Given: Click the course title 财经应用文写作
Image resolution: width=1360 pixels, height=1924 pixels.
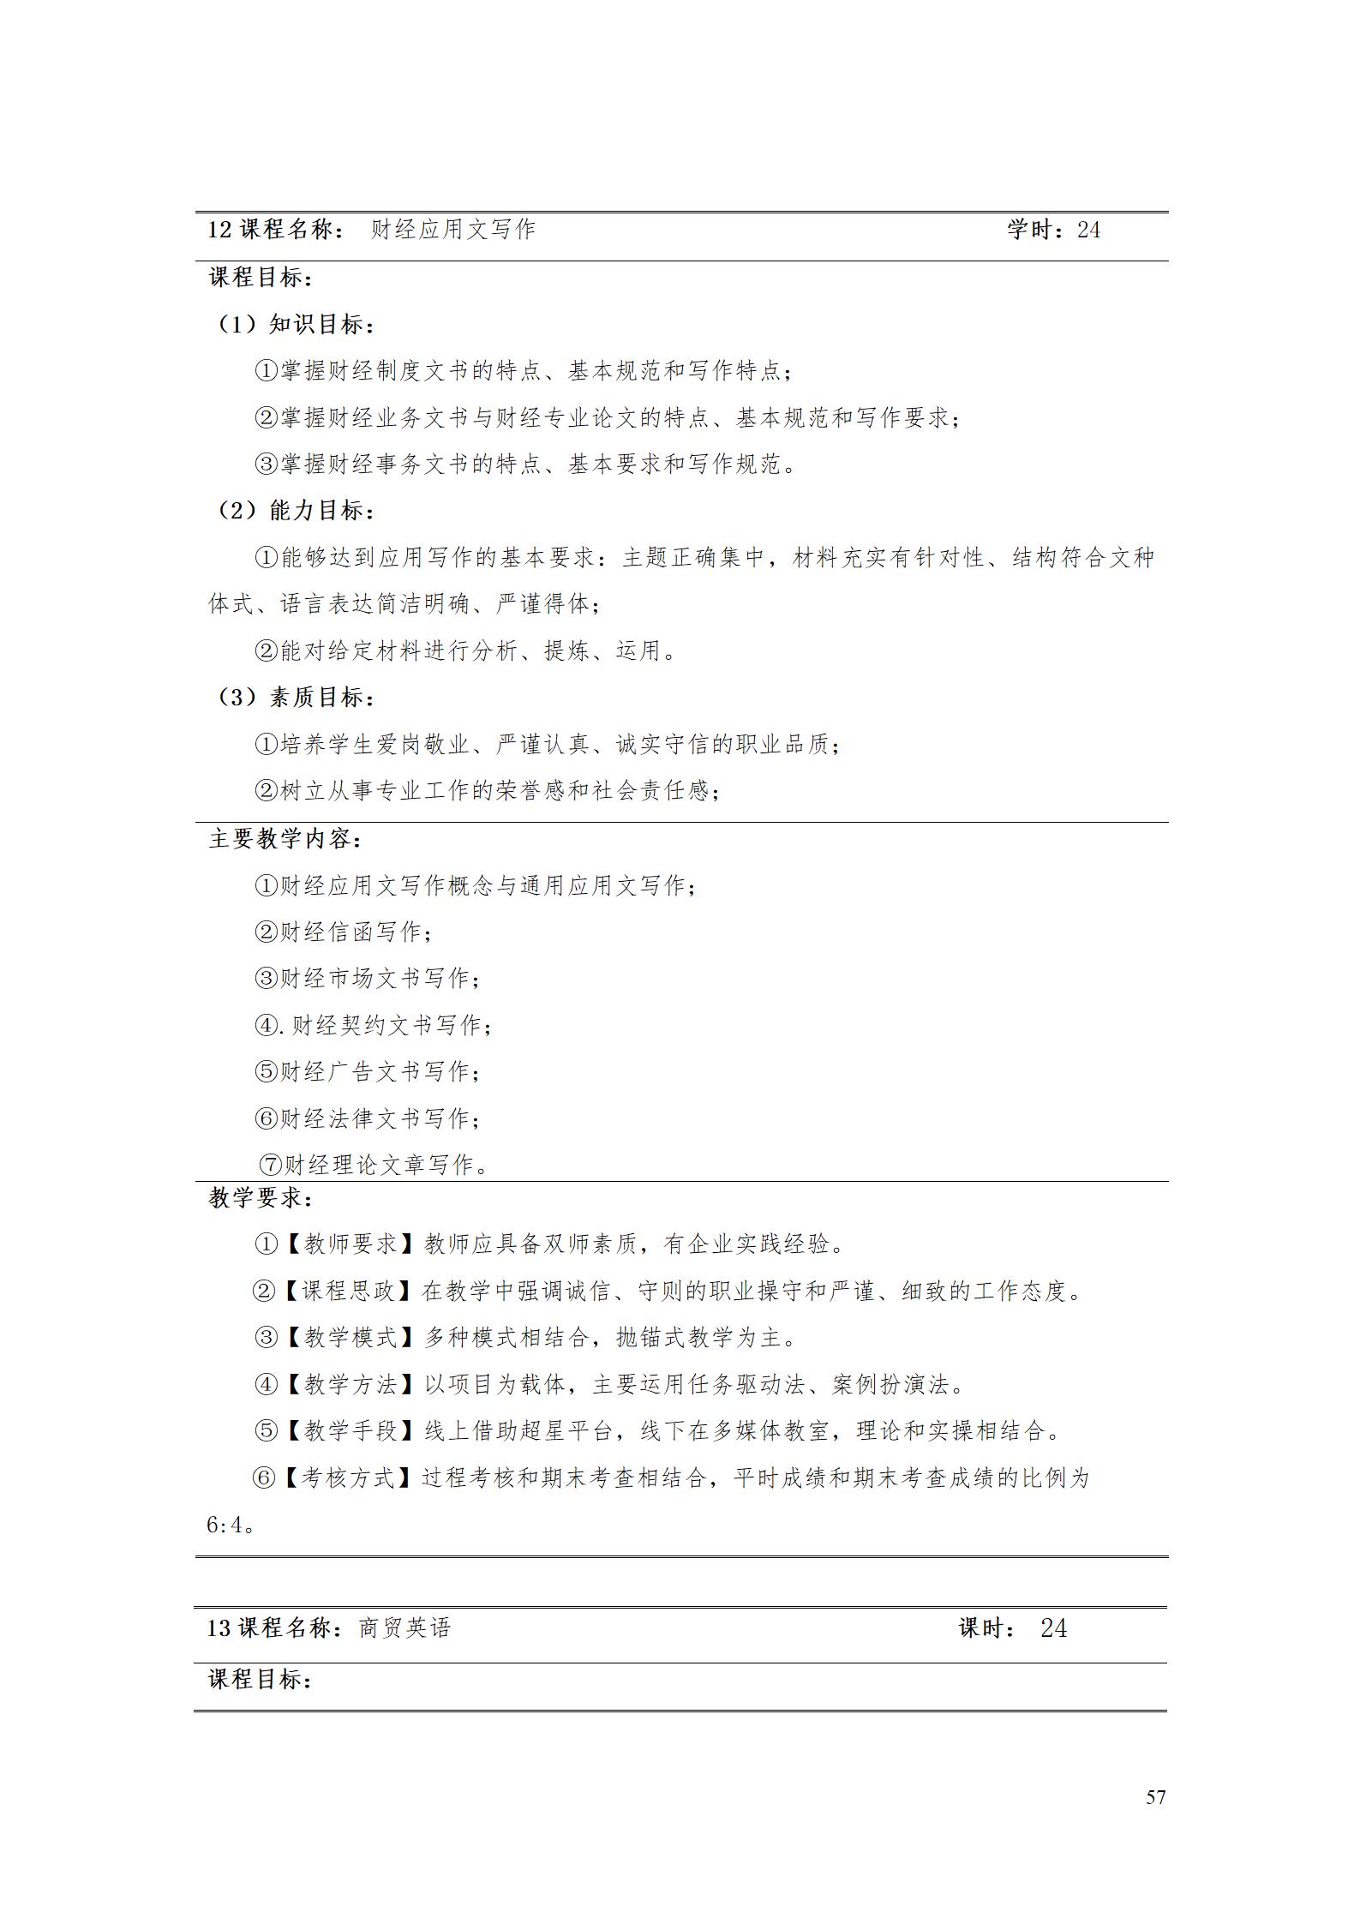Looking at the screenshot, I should (x=452, y=230).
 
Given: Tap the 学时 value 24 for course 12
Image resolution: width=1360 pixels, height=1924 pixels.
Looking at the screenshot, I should (x=1088, y=230).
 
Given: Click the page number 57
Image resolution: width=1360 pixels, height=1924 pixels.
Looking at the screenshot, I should (x=1155, y=1796).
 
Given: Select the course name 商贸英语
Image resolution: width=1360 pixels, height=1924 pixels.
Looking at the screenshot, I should (x=404, y=1628).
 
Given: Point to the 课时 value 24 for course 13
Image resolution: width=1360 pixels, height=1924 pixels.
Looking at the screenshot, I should (x=1053, y=1628).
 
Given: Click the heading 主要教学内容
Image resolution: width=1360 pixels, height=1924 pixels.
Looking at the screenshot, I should (x=285, y=839).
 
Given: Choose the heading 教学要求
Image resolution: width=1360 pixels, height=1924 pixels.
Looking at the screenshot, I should (x=261, y=1197).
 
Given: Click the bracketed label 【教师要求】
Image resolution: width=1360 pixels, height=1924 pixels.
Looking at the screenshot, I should (x=350, y=1244).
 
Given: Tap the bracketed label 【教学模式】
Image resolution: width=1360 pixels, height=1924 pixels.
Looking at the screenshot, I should (x=350, y=1337).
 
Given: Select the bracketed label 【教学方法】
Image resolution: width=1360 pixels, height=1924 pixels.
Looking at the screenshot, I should (x=350, y=1384).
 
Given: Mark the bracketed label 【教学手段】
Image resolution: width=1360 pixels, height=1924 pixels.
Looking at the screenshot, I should (x=350, y=1430).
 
